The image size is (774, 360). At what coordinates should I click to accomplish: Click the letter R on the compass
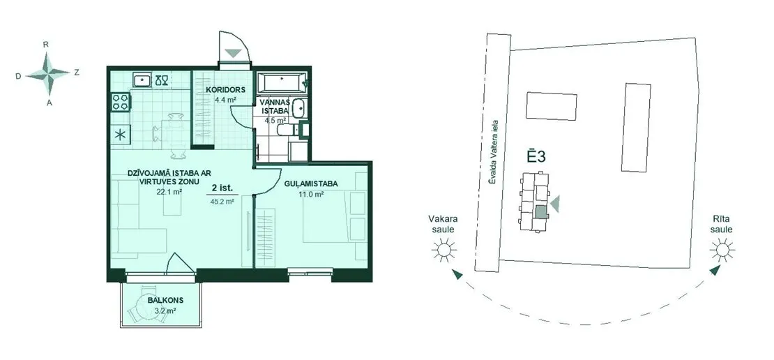pyautogui.click(x=46, y=44)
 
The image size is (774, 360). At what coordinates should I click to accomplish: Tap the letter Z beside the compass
pyautogui.click(x=77, y=72)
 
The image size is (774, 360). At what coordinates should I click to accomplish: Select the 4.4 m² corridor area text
pyautogui.click(x=225, y=100)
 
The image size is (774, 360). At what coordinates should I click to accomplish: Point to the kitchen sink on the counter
pyautogui.click(x=142, y=80)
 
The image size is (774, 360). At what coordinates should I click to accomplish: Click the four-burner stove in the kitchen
pyautogui.click(x=121, y=103)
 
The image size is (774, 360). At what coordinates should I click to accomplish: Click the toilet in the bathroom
pyautogui.click(x=287, y=130)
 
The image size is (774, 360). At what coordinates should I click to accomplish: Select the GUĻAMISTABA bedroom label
pyautogui.click(x=311, y=183)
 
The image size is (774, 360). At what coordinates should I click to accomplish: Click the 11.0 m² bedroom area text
pyautogui.click(x=311, y=195)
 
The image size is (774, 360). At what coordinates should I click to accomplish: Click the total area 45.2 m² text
pyautogui.click(x=223, y=202)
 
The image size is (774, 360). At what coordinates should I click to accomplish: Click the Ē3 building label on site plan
pyautogui.click(x=536, y=156)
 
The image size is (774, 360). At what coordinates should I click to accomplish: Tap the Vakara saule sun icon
pyautogui.click(x=443, y=249)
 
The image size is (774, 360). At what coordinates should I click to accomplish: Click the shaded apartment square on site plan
pyautogui.click(x=542, y=212)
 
